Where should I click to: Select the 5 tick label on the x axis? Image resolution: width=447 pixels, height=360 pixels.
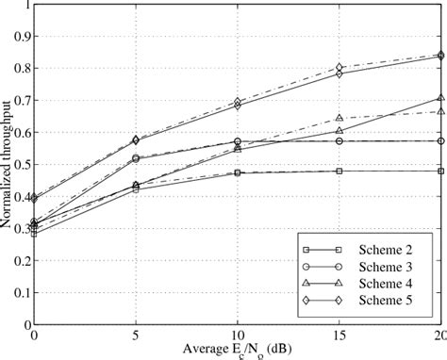[x=136, y=336]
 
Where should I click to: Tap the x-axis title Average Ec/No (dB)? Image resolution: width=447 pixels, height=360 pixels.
[x=237, y=351]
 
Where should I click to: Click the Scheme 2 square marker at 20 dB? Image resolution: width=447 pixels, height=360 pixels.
[x=440, y=171]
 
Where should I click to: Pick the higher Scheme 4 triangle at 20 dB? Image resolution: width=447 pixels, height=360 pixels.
[x=440, y=98]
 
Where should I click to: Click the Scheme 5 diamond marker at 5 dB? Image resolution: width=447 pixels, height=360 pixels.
[x=136, y=139]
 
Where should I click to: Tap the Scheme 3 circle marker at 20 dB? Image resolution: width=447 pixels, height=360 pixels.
[x=440, y=140]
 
